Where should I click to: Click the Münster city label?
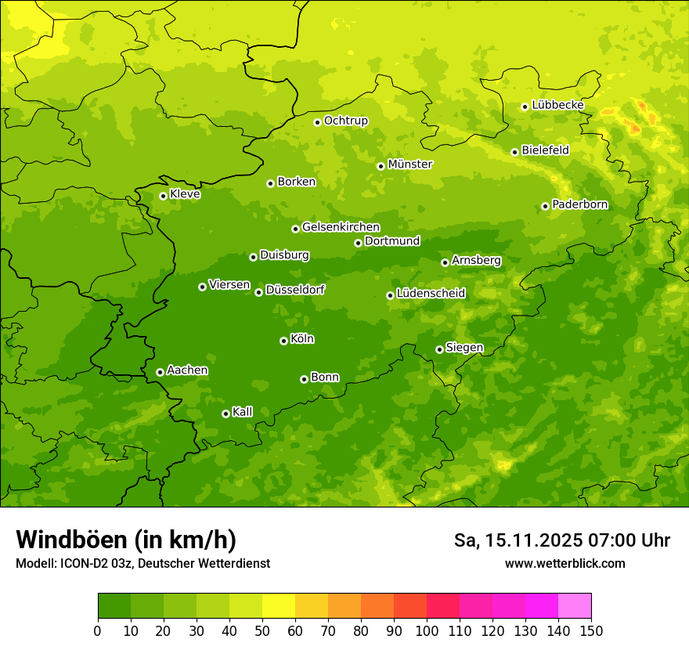tap(409, 164)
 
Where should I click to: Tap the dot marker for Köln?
tap(283, 341)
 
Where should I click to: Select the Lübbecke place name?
tap(557, 105)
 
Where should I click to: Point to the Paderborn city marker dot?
tap(545, 206)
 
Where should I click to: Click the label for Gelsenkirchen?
tap(341, 227)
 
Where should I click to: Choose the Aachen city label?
tap(187, 370)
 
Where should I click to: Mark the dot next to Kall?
tap(225, 413)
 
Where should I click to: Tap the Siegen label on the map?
tap(464, 348)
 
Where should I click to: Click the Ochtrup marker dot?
tap(317, 121)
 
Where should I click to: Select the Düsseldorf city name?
tap(295, 290)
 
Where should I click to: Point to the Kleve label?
tap(185, 194)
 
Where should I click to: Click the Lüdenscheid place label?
tap(431, 294)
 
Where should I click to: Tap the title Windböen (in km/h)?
tap(126, 540)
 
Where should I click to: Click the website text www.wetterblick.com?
tap(565, 563)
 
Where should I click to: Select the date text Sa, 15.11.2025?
tap(517, 540)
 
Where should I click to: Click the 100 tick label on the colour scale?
tap(427, 630)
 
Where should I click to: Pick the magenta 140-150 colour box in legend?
tap(575, 606)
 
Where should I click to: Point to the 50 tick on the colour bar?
tap(262, 630)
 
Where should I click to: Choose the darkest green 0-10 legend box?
tap(114, 606)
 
